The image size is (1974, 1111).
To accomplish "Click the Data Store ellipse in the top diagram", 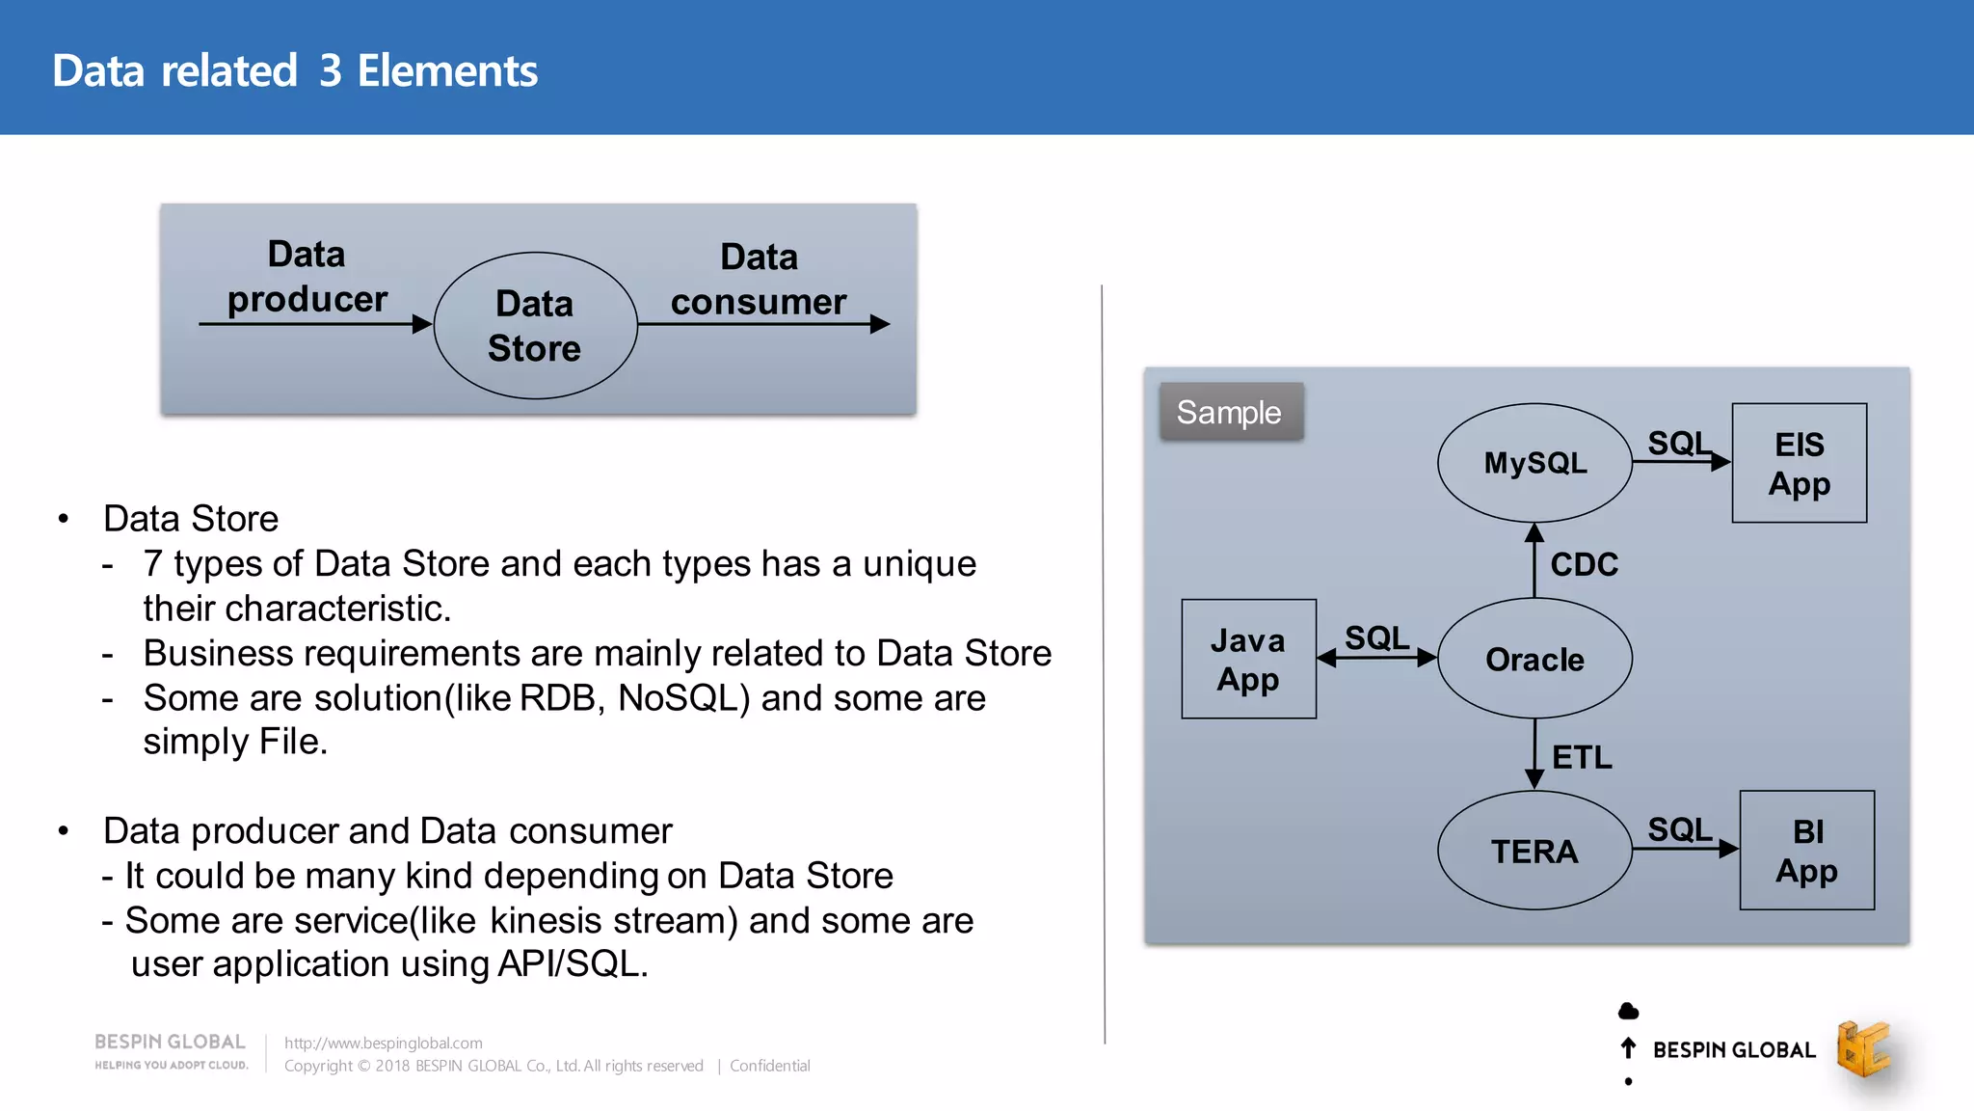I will (x=535, y=326).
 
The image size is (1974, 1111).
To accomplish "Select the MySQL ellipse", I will (x=1534, y=463).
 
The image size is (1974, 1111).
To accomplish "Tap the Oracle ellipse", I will (x=1534, y=659).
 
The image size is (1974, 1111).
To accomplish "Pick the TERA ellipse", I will (x=1534, y=851).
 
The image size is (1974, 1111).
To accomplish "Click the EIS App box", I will (x=1799, y=463).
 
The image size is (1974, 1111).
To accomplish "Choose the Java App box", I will (x=1248, y=659).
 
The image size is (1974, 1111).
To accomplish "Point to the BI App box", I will (x=1806, y=851).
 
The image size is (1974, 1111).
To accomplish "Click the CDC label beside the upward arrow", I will (x=1584, y=564).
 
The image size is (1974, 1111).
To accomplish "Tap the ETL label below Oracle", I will (x=1582, y=757).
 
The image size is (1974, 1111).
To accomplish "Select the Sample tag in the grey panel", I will (x=1230, y=413).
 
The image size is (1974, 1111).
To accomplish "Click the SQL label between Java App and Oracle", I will (x=1376, y=637).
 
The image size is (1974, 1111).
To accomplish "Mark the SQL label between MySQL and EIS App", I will (x=1679, y=443).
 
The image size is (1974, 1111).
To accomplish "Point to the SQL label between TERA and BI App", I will (x=1679, y=829).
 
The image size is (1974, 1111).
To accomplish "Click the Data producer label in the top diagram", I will (x=307, y=277).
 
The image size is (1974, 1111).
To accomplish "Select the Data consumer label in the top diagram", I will (x=759, y=280).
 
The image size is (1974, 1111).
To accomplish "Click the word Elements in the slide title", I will (x=447, y=71).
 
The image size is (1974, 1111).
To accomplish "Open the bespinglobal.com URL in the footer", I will (x=384, y=1043).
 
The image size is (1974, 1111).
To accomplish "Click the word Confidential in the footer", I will (x=769, y=1066).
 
